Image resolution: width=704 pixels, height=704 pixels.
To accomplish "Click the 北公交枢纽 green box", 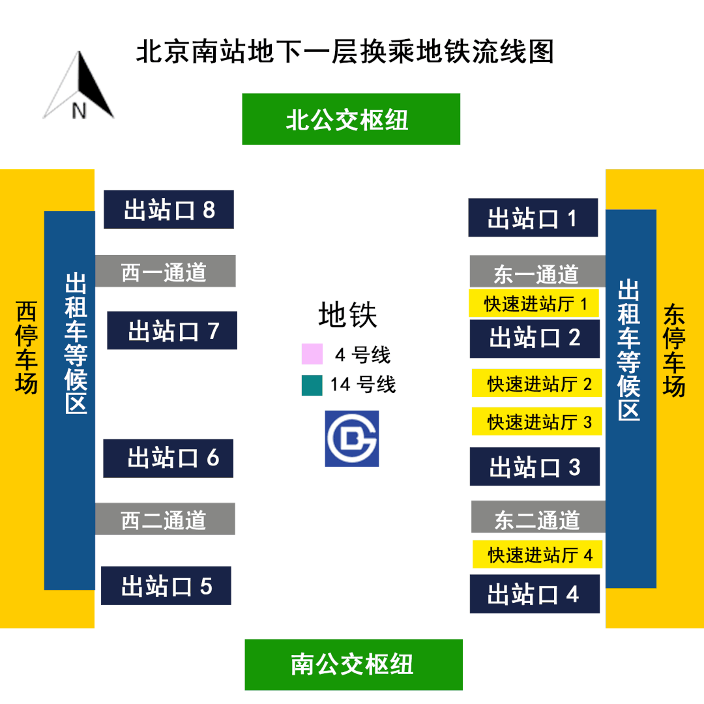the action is [351, 119].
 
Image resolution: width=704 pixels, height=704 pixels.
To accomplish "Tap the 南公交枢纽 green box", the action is [354, 664].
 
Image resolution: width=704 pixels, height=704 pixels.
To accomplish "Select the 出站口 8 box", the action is [169, 210].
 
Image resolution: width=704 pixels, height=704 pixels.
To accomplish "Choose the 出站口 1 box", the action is [533, 217].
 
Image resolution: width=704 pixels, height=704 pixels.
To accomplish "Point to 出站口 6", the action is [168, 458].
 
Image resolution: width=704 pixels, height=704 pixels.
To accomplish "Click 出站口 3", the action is [535, 467].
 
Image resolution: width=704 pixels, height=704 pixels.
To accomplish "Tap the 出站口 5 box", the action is [166, 585].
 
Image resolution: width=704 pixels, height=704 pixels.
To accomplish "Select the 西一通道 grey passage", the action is [165, 271].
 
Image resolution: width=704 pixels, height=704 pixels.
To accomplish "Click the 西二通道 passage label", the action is [164, 520].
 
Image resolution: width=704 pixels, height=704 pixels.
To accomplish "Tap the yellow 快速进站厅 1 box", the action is [534, 303].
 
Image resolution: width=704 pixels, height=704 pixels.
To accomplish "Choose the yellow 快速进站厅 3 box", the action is [537, 422].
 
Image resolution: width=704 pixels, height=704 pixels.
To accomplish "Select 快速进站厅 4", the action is [538, 555].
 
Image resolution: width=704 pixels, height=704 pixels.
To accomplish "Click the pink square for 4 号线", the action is [312, 354].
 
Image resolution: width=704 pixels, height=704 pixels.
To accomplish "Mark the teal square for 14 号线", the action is [312, 385].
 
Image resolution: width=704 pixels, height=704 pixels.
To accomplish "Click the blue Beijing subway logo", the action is [352, 439].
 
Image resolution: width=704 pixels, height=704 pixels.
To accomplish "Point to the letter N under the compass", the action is [79, 110].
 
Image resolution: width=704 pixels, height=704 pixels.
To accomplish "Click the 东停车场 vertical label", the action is [674, 350].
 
